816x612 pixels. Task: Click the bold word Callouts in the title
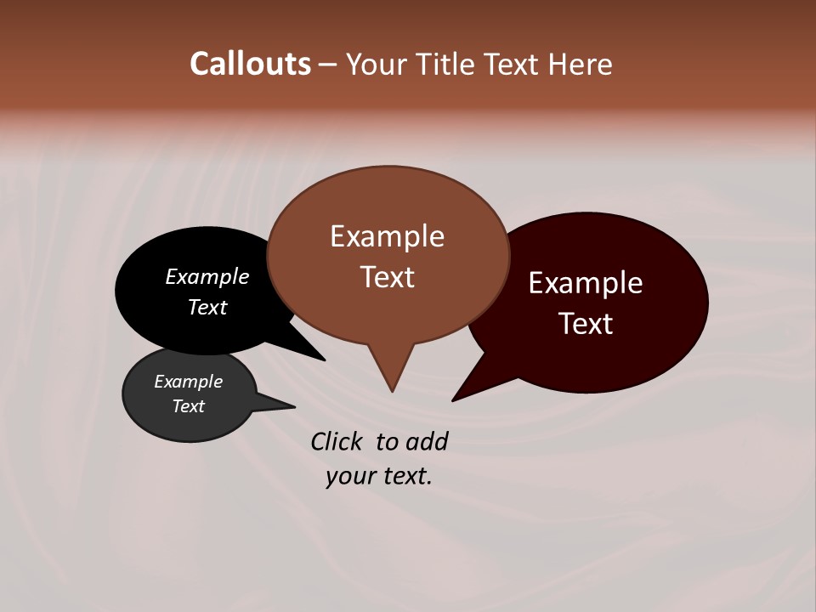(x=250, y=64)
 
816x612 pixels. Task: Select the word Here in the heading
(x=581, y=65)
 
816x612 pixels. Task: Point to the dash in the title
(x=328, y=65)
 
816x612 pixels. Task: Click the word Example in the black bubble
(x=207, y=277)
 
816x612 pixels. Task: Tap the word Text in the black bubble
(x=207, y=307)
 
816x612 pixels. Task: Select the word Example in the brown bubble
(x=387, y=236)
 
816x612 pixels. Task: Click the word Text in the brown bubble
(x=387, y=277)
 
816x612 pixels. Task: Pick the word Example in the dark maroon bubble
(x=586, y=283)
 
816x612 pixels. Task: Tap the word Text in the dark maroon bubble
(x=586, y=324)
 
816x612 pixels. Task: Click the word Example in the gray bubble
(x=188, y=382)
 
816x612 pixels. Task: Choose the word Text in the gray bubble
(x=188, y=406)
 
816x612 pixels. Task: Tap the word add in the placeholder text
(x=426, y=441)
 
